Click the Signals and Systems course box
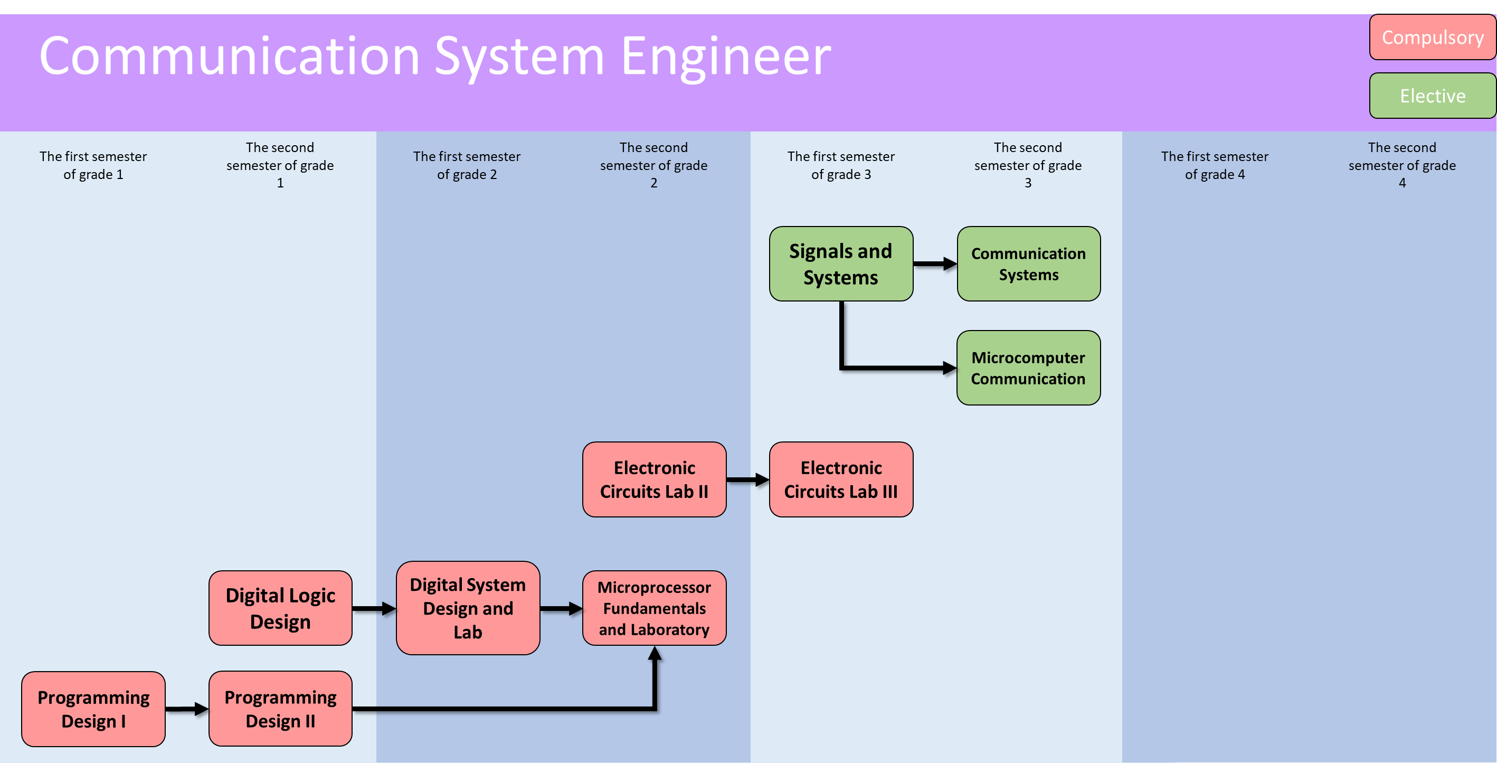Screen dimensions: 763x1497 [x=841, y=264]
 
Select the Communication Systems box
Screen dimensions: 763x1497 [x=1028, y=264]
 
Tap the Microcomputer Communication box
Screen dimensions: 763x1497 [x=1028, y=368]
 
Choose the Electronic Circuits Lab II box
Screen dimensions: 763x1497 [x=655, y=479]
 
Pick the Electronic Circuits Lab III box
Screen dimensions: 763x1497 [x=841, y=479]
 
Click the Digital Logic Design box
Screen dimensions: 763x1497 [x=280, y=608]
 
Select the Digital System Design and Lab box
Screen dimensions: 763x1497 [x=468, y=608]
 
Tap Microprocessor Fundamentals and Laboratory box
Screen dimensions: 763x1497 [x=655, y=608]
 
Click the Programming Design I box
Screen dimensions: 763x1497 [x=93, y=709]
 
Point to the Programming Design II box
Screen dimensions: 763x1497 [x=280, y=709]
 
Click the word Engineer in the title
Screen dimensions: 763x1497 [x=726, y=56]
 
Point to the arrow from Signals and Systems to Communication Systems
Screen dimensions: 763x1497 [x=934, y=264]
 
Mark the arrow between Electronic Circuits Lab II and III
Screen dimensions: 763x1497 [x=747, y=479]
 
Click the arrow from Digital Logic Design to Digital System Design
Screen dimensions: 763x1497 [x=374, y=608]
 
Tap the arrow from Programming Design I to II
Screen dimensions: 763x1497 [x=186, y=709]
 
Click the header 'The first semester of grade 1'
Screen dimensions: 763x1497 [x=93, y=165]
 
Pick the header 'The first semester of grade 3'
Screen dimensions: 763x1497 [x=841, y=165]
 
